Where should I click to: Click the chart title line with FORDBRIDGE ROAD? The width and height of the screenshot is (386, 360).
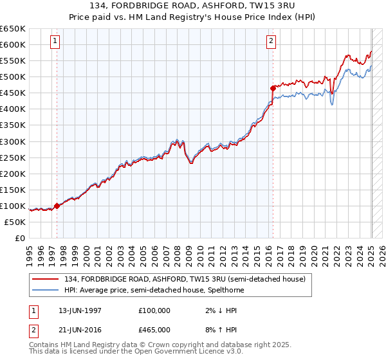tap(192, 6)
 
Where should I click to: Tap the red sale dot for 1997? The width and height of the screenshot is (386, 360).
tap(57, 206)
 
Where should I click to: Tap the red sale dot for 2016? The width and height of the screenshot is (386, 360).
tap(273, 88)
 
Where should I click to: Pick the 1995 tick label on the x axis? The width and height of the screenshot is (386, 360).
tap(30, 251)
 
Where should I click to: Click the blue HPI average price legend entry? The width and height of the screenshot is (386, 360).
tap(154, 290)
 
